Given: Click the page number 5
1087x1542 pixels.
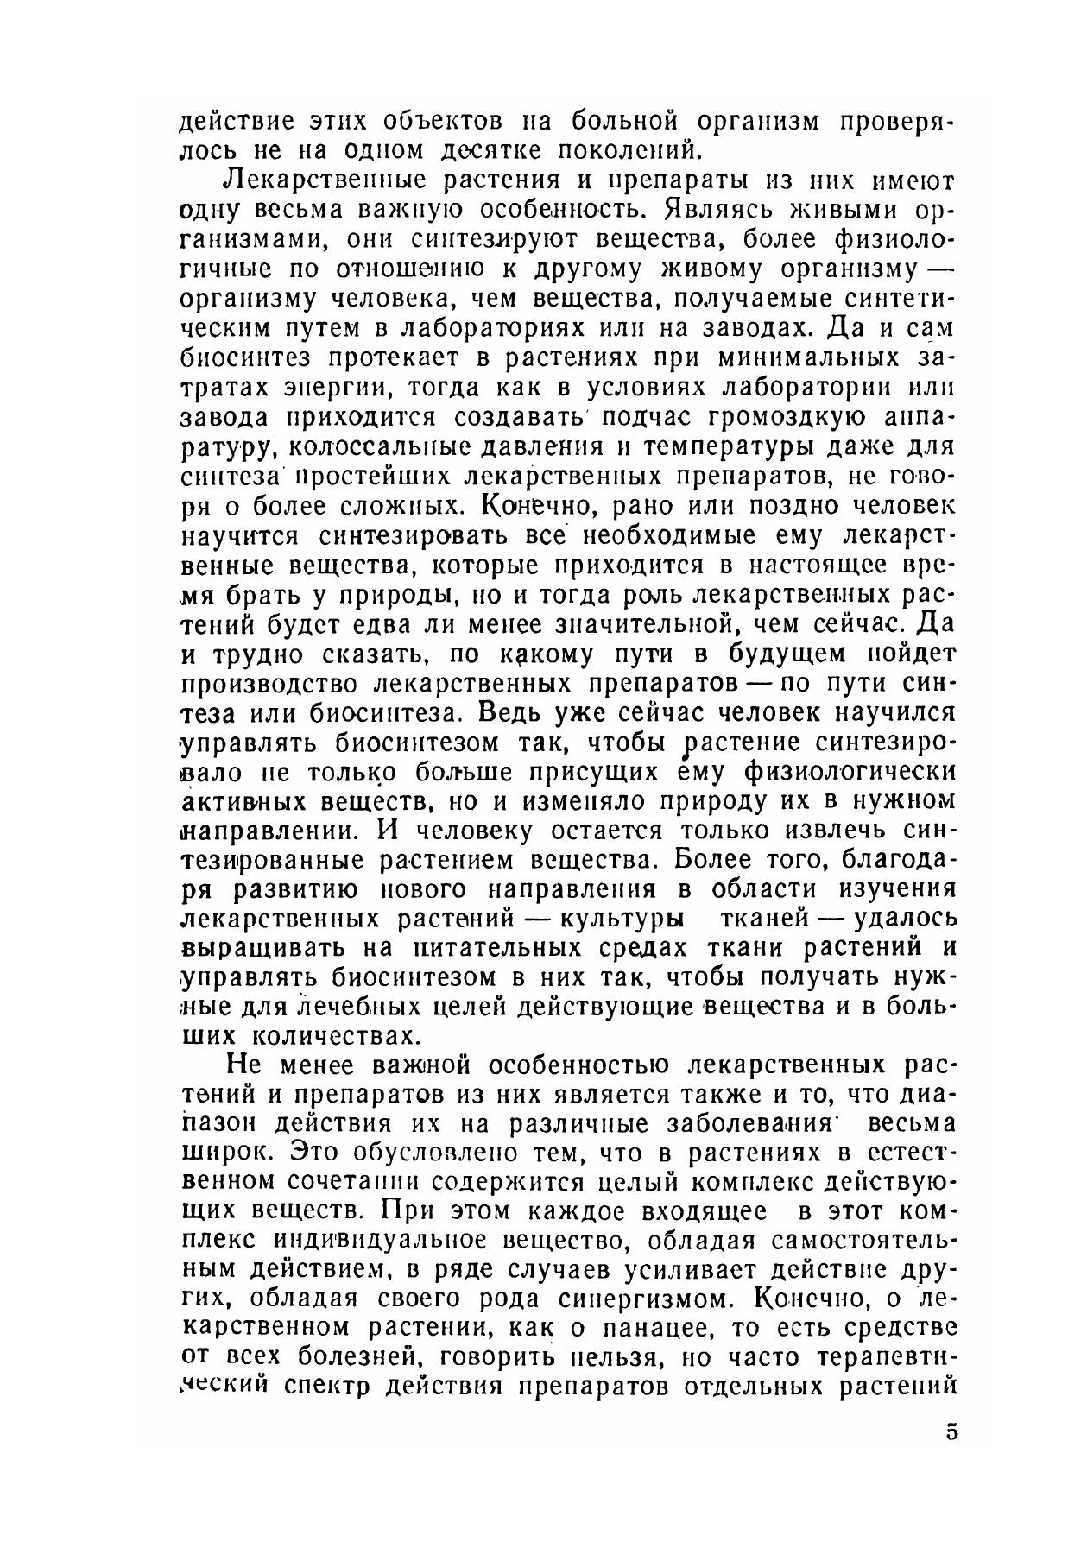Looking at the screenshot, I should [951, 1432].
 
